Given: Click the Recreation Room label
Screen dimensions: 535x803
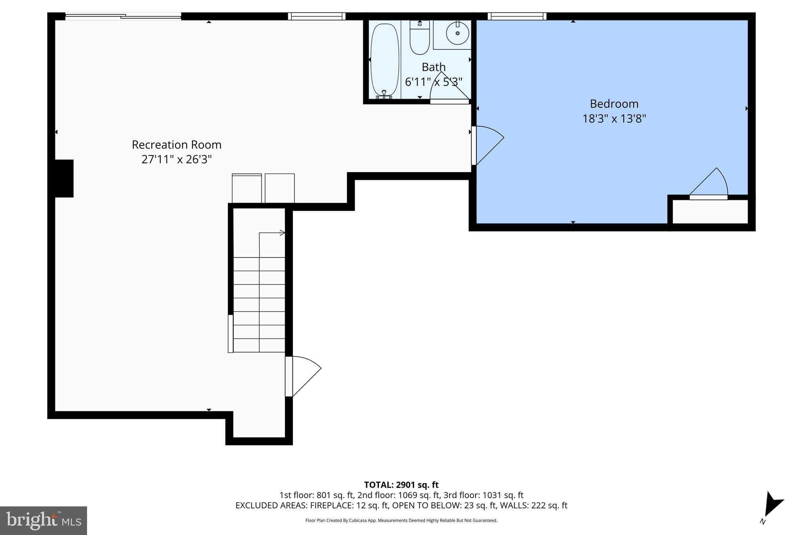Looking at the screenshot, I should [176, 145].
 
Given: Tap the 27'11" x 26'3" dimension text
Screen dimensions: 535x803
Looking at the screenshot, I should [176, 160].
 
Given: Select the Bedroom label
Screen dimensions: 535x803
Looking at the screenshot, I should [614, 104].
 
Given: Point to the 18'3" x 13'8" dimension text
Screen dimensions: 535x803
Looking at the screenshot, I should [614, 118].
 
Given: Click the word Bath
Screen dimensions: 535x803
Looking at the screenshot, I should [433, 67].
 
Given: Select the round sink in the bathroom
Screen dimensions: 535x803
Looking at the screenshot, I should [457, 33].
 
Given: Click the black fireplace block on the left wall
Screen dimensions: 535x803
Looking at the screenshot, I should [64, 178].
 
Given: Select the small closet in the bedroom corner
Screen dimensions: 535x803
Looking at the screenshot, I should [710, 212].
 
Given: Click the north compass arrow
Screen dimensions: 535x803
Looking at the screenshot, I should [772, 509].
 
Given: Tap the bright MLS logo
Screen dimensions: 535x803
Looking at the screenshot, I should [44, 520].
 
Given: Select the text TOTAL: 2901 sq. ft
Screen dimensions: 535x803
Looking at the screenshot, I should [401, 485].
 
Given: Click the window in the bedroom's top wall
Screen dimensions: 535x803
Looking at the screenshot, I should [517, 16].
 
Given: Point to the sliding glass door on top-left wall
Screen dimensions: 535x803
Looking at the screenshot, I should [123, 16].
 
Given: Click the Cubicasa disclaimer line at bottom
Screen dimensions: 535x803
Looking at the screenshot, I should [401, 520].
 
